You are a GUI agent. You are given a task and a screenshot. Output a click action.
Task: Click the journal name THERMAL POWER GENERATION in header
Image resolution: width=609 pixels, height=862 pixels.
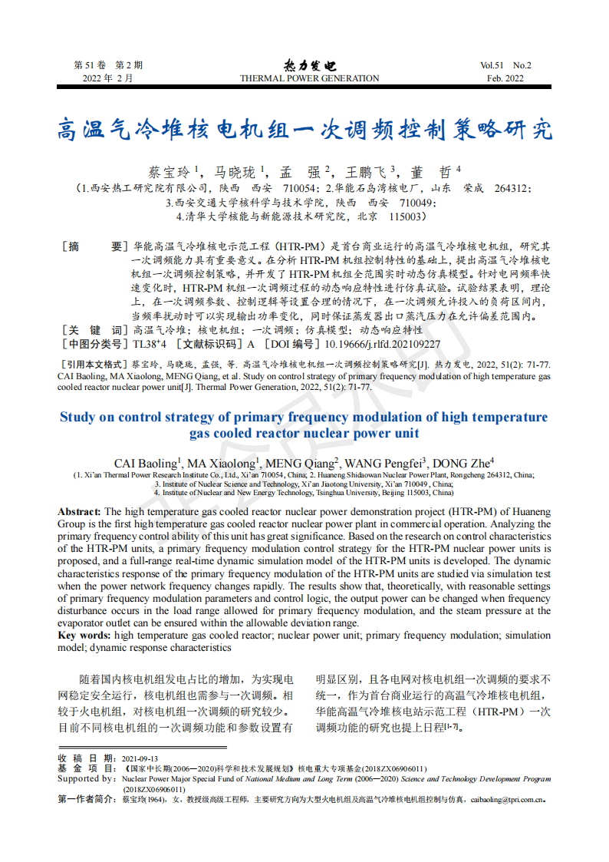309,78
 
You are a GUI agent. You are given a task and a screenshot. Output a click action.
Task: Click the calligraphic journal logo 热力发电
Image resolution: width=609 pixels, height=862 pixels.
309,65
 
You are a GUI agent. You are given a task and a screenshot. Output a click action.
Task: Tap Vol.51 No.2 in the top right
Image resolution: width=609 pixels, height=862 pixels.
505,65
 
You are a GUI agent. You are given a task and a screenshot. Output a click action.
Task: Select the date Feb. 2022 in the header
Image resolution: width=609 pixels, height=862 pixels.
505,78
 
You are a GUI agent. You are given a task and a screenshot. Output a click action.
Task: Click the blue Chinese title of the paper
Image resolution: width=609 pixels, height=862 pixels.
304,130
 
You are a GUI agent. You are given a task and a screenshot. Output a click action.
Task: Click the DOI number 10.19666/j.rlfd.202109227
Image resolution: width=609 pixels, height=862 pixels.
383,344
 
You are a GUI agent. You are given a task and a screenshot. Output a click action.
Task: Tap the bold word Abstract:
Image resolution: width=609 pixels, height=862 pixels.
79,511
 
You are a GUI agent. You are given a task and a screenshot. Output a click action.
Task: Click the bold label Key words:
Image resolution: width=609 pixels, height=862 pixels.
84,635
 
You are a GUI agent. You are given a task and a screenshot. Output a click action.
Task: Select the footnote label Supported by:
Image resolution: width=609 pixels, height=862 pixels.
87,778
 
